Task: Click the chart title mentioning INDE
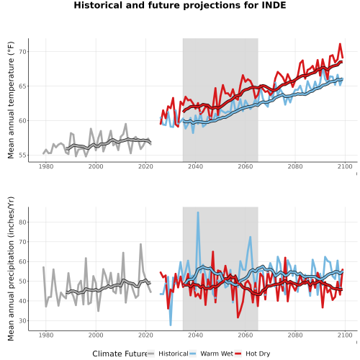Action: (x=180, y=5)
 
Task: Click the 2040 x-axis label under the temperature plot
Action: (x=195, y=166)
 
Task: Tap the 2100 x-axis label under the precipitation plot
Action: (x=345, y=335)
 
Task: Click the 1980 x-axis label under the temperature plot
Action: (x=46, y=166)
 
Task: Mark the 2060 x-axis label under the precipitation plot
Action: (x=246, y=335)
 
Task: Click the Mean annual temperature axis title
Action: (x=11, y=100)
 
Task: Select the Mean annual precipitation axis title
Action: (x=11, y=269)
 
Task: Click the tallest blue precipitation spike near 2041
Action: (x=198, y=212)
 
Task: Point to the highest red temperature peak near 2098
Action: (x=340, y=44)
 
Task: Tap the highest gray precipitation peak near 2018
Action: (x=140, y=244)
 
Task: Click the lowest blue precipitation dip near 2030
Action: (x=171, y=325)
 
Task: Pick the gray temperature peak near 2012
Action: (x=126, y=124)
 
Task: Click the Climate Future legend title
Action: (x=120, y=354)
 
